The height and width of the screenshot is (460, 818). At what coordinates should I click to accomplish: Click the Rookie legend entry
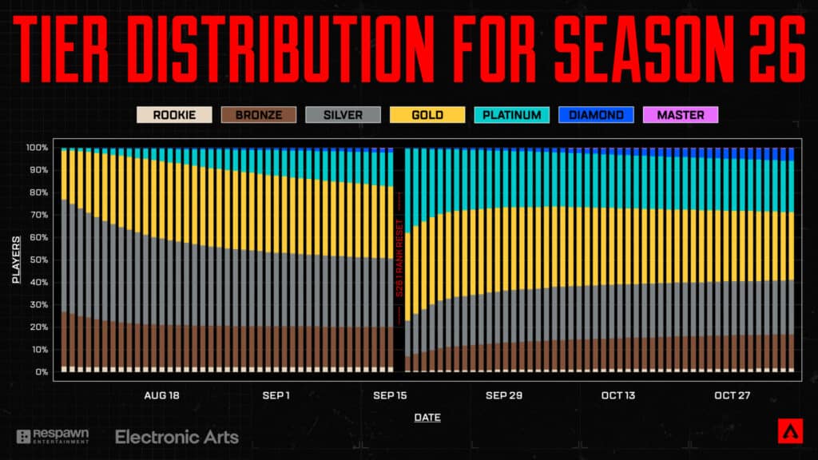[175, 115]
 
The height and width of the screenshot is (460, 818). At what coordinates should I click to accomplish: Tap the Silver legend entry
[343, 115]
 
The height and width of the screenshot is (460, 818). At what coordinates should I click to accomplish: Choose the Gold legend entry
[428, 115]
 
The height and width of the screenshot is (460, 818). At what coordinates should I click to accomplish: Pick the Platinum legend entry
[512, 115]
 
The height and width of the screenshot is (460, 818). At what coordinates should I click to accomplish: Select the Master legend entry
[681, 115]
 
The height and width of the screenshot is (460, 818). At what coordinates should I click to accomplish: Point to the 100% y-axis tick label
[37, 148]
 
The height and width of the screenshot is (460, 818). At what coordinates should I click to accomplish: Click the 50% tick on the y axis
[38, 260]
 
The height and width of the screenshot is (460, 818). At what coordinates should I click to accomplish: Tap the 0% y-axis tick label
[41, 372]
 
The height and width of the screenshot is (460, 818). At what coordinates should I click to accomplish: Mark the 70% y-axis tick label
[38, 215]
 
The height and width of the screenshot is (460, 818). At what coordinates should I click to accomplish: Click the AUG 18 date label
[162, 395]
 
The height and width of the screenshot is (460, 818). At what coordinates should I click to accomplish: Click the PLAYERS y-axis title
[16, 260]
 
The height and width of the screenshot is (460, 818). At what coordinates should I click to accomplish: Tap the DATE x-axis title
[427, 417]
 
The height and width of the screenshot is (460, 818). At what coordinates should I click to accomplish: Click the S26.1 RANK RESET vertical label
[399, 260]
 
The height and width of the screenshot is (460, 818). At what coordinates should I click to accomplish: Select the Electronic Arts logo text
[177, 437]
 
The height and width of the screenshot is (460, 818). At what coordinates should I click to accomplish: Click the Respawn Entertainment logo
[53, 436]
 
